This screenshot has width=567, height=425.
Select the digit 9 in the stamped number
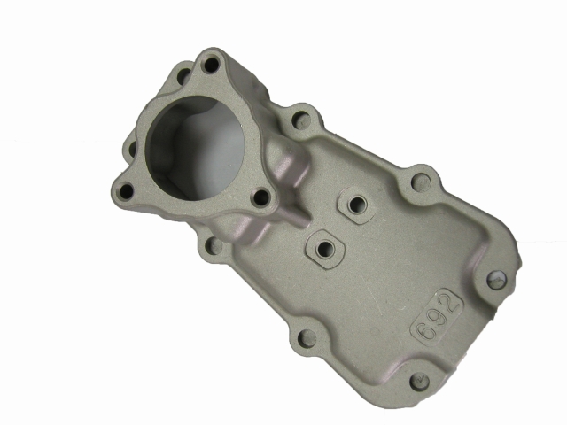[435, 319]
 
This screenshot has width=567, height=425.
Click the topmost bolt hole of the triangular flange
[210, 65]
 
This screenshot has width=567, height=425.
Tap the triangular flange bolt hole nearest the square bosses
[262, 197]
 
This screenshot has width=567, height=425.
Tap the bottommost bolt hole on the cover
[420, 382]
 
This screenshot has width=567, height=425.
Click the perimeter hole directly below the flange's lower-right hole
[214, 245]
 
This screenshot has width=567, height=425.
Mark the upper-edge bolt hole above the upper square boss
[422, 182]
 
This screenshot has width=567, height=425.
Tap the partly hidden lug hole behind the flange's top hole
[183, 75]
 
